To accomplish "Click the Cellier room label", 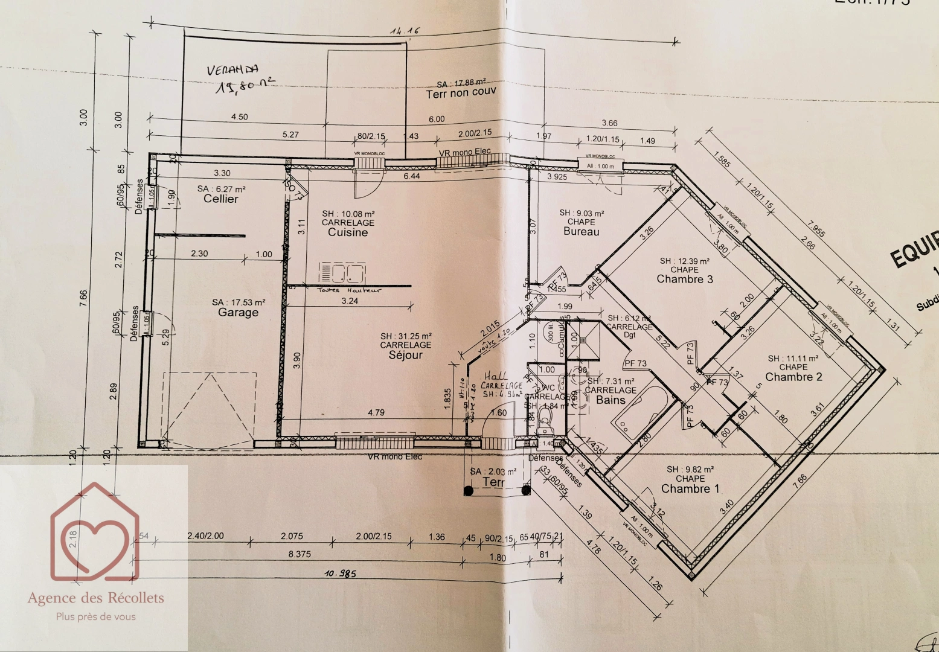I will [x=220, y=199].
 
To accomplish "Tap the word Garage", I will [x=238, y=312].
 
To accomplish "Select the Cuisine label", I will [x=347, y=232].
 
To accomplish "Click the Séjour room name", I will [x=406, y=355].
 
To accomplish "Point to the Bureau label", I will [x=581, y=231].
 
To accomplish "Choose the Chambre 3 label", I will [x=684, y=279].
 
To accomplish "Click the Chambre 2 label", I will [x=793, y=377].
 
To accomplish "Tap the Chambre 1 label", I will [x=690, y=488].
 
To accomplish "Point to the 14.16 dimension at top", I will [x=405, y=31].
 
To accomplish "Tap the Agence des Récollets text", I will [x=95, y=598].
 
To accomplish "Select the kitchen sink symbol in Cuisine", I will [x=342, y=273].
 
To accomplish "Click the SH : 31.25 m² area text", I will [x=406, y=336].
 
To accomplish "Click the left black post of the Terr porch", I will [x=469, y=491].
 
